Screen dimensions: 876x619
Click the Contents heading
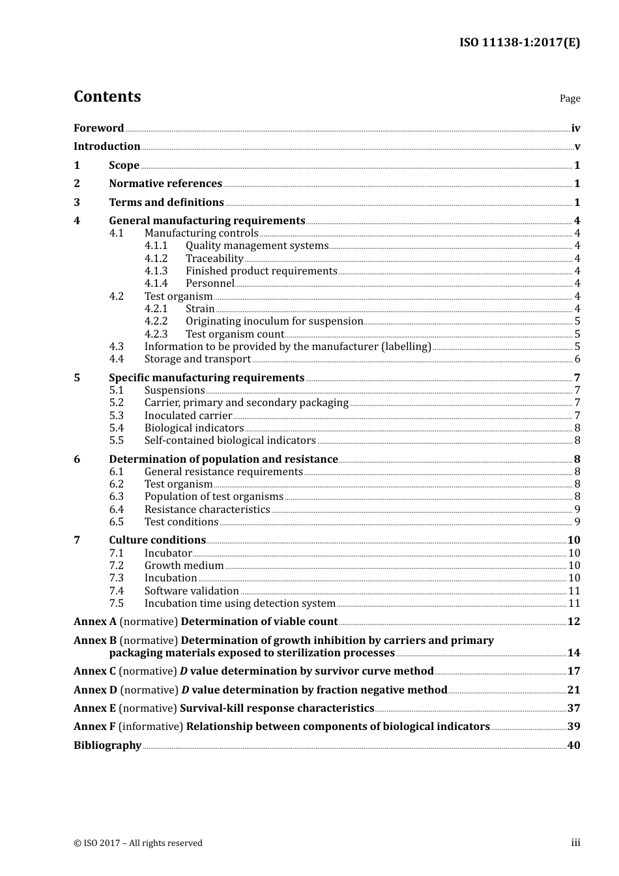click(x=107, y=96)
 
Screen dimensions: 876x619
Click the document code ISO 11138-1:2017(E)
click(x=519, y=43)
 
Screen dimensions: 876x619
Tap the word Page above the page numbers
click(x=569, y=98)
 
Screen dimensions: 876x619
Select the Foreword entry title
click(x=98, y=128)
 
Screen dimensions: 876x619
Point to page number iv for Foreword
click(x=575, y=128)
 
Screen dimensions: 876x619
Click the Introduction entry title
click(x=107, y=147)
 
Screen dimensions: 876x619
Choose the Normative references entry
click(x=166, y=184)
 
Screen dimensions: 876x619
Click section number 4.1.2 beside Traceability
click(x=156, y=259)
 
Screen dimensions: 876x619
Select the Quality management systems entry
click(x=257, y=246)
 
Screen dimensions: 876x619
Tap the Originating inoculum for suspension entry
click(x=274, y=321)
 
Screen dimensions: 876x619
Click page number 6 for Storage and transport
click(x=577, y=359)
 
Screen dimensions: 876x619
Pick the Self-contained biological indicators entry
click(x=230, y=441)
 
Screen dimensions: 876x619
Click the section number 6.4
click(x=116, y=510)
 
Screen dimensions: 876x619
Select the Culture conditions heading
click(x=157, y=540)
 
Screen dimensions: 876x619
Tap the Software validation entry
click(x=192, y=591)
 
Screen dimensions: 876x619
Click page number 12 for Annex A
click(x=573, y=622)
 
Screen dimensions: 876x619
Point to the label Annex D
click(x=95, y=690)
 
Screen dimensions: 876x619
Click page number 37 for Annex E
click(x=573, y=708)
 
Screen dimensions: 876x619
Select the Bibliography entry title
click(x=108, y=746)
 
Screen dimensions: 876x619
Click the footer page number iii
click(x=575, y=843)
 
